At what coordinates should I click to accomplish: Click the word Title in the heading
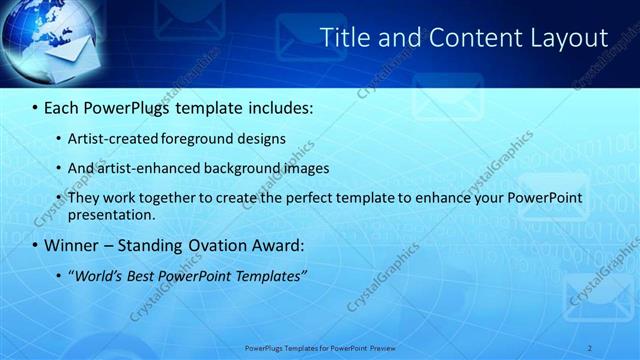tap(343, 38)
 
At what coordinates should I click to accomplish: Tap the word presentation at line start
tap(111, 214)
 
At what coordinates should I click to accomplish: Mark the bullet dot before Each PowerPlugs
tap(36, 107)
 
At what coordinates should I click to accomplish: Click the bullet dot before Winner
tap(36, 245)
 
